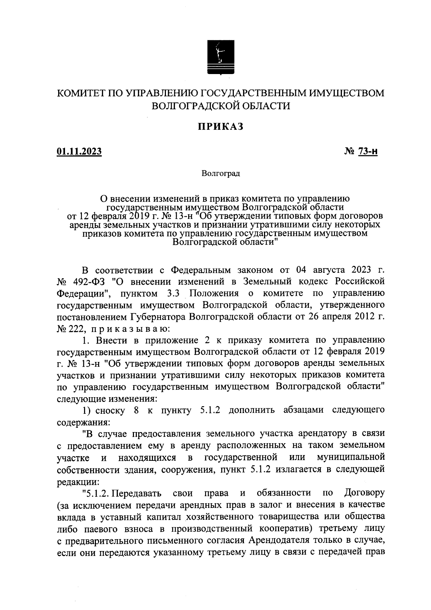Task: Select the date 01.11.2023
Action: point(79,152)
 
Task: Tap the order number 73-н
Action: point(367,152)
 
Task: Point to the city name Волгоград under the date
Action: point(221,174)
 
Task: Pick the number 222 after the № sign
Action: point(76,328)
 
